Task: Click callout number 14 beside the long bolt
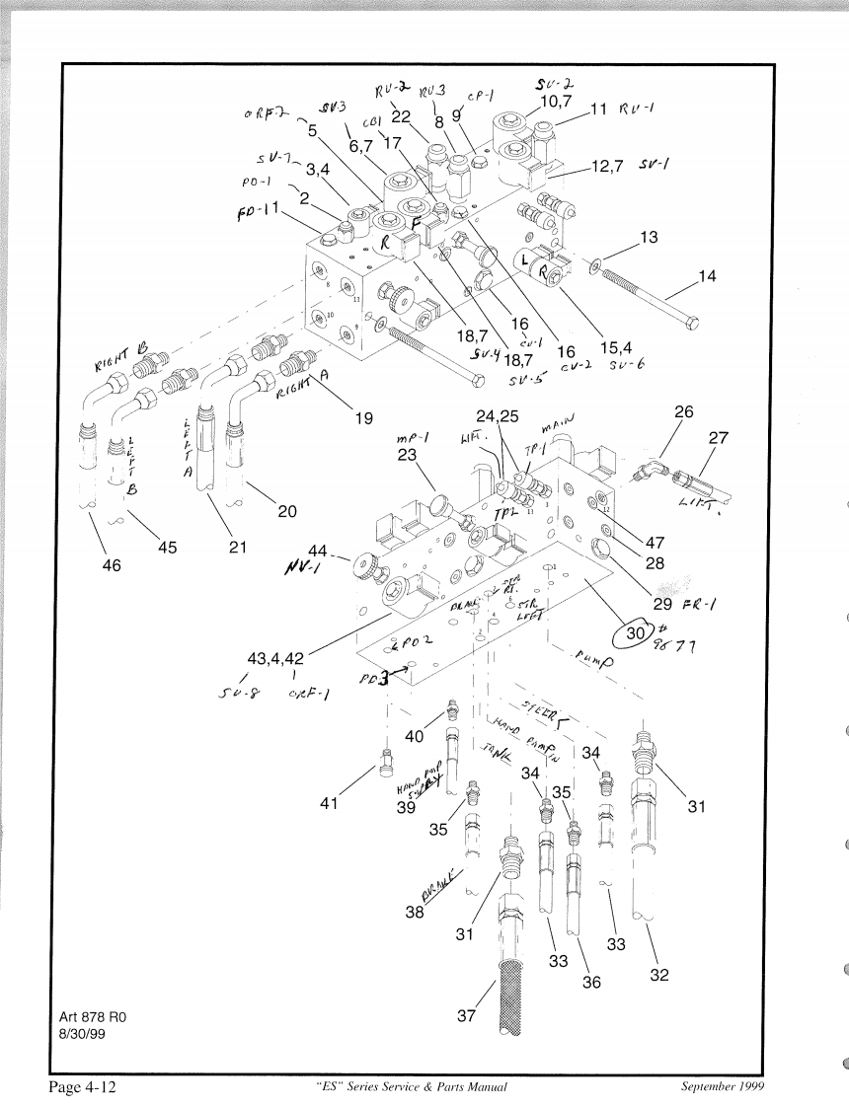click(x=708, y=276)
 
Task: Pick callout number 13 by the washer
click(x=649, y=237)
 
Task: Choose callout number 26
click(x=683, y=411)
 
